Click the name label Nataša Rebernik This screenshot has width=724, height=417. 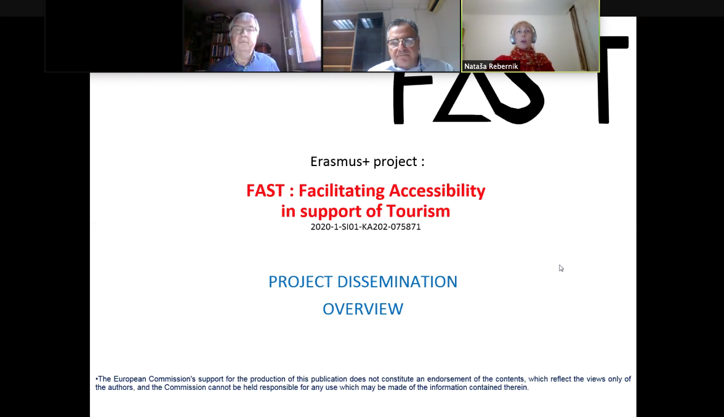coord(491,66)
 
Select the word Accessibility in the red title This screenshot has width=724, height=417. coord(437,191)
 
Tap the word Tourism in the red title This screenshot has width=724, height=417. coord(418,212)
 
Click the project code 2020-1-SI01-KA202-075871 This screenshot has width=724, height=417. coord(366,227)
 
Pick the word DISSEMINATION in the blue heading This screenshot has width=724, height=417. coord(397,282)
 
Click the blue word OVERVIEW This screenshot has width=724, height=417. coord(363,309)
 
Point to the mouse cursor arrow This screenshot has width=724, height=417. coord(561,268)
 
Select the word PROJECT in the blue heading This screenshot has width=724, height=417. coord(300,282)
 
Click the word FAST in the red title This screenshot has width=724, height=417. coord(265,191)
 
